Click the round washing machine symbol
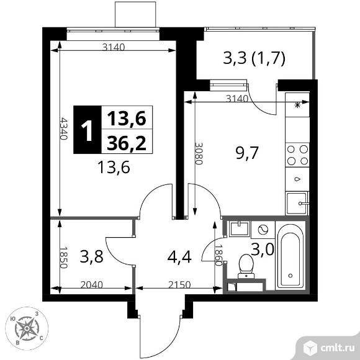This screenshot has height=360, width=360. pos(262,229)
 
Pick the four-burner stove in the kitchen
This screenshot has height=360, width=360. pos(297,154)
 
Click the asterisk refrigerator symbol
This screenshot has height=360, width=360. pos(297,105)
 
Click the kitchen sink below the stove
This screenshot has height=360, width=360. pos(297,202)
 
